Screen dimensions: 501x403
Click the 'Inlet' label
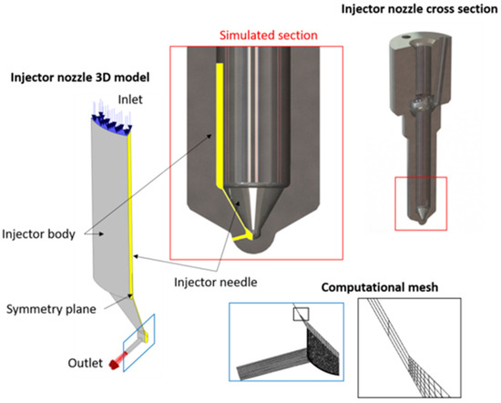click(x=130, y=99)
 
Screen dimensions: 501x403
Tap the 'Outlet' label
click(x=86, y=363)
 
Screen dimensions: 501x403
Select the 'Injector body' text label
click(x=38, y=234)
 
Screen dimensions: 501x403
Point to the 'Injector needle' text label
click(x=216, y=282)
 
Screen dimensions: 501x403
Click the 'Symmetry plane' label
click(x=51, y=309)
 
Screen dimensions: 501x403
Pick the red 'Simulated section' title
click(x=269, y=36)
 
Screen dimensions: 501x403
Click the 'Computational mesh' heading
click(x=380, y=287)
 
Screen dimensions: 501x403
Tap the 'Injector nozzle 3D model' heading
click(x=80, y=77)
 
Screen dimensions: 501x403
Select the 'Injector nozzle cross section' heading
click(x=419, y=9)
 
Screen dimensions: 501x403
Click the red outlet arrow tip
click(x=112, y=365)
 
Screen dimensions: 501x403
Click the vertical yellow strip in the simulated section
click(x=220, y=123)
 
